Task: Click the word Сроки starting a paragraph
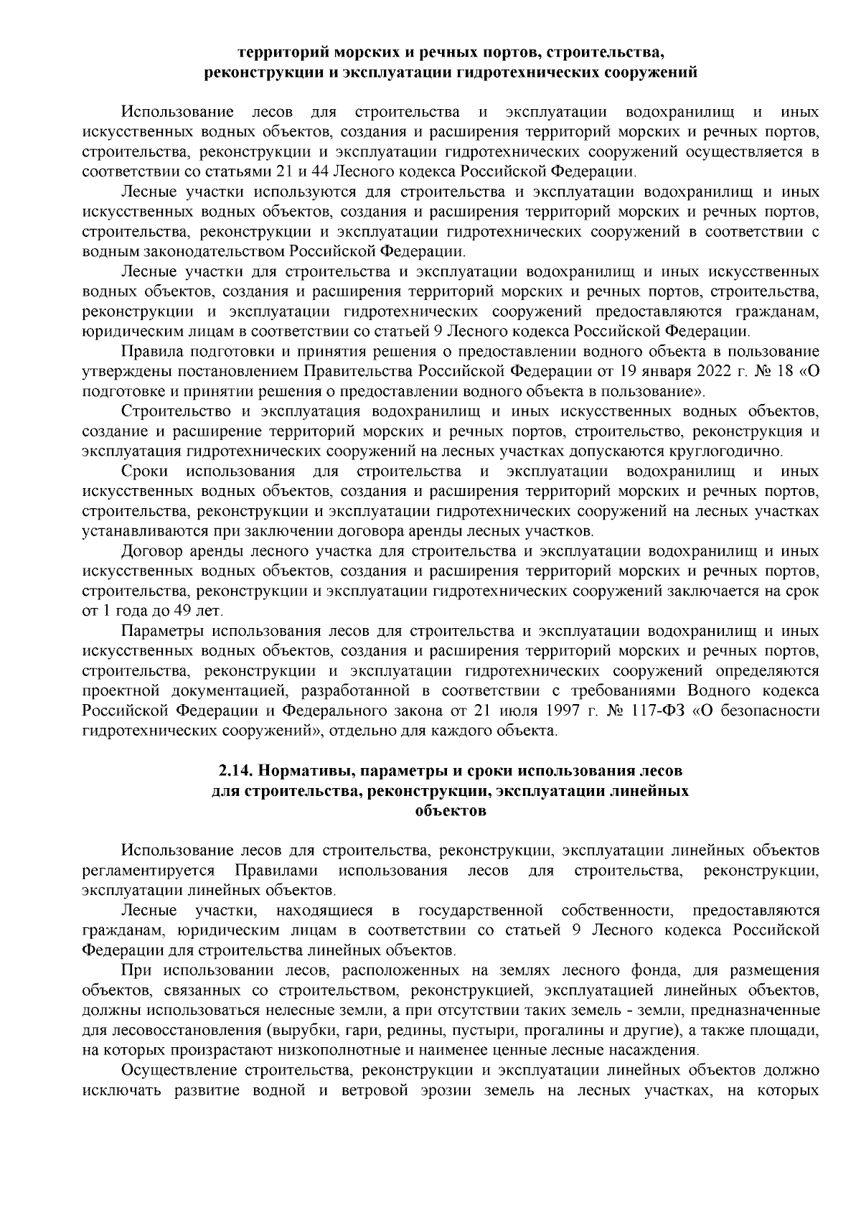click(x=145, y=472)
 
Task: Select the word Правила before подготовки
click(x=151, y=351)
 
